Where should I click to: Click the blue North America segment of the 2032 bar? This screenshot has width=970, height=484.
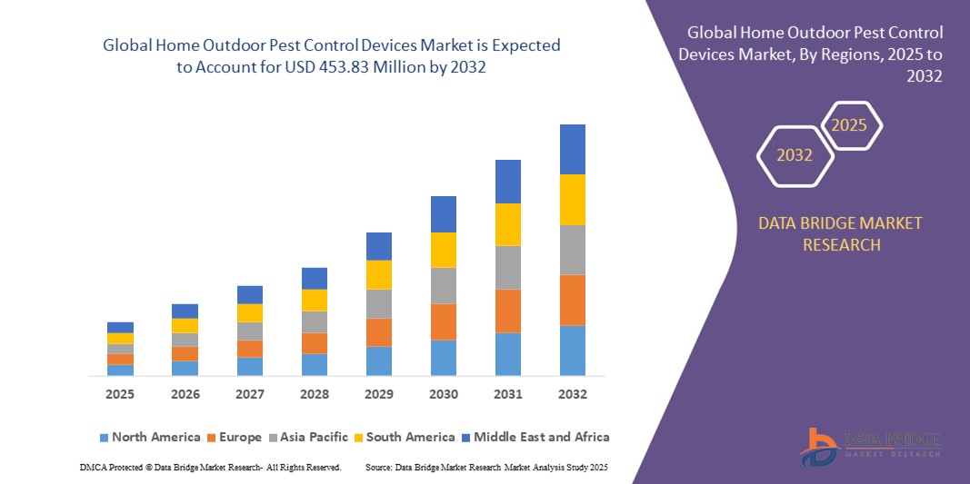pos(573,351)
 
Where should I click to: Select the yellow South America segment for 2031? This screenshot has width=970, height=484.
pos(508,224)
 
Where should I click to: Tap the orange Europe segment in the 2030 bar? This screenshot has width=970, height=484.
pos(444,321)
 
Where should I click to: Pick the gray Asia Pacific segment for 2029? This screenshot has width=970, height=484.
pos(379,303)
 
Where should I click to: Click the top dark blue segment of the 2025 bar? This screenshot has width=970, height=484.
pos(120,327)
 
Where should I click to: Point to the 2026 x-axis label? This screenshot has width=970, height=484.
pos(185,394)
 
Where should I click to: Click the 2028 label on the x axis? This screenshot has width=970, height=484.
pos(315,394)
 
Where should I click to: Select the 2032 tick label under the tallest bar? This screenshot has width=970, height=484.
pos(573,394)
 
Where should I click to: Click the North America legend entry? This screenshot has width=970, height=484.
pos(149,437)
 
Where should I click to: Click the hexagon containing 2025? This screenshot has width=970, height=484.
pos(850,125)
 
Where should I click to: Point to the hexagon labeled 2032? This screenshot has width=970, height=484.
pos(795,155)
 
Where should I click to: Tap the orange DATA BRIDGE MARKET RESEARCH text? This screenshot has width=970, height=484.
pos(840,233)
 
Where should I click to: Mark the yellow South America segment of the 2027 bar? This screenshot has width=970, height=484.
pos(250,312)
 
